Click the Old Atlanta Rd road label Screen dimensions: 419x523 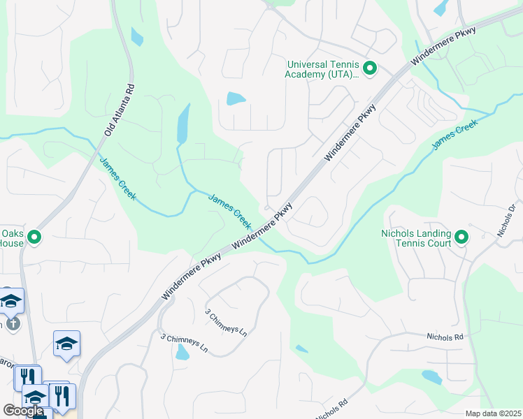click(119, 110)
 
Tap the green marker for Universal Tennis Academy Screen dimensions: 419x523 click(370, 69)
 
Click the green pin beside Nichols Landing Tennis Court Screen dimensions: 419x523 click(461, 238)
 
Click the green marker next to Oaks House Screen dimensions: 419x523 click(34, 238)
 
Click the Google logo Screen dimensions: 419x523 click(23, 411)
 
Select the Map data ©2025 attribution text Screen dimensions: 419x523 click(493, 413)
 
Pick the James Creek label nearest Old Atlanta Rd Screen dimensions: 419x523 click(117, 179)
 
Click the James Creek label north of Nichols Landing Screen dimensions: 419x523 click(454, 135)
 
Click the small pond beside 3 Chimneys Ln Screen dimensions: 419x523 click(182, 353)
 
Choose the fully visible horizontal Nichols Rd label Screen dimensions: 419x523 click(445, 337)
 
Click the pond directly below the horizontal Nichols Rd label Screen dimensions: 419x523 click(431, 377)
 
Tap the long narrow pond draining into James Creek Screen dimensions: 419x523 click(183, 124)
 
